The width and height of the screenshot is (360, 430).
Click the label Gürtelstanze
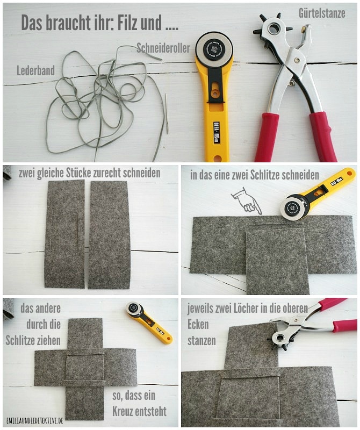click(322, 12)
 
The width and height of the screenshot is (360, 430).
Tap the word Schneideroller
click(163, 48)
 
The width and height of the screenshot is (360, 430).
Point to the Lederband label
click(35, 70)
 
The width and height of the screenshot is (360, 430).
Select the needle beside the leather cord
click(167, 113)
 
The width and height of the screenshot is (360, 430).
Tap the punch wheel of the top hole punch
click(272, 28)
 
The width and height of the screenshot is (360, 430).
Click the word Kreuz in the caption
click(123, 411)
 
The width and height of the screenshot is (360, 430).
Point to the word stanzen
click(201, 341)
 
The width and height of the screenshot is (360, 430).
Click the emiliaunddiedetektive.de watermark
click(35, 420)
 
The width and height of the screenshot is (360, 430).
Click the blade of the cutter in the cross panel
click(134, 309)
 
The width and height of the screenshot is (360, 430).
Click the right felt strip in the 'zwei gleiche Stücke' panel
click(110, 235)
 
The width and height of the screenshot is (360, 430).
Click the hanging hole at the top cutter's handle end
click(218, 158)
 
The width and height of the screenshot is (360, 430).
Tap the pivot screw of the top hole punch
click(297, 59)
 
